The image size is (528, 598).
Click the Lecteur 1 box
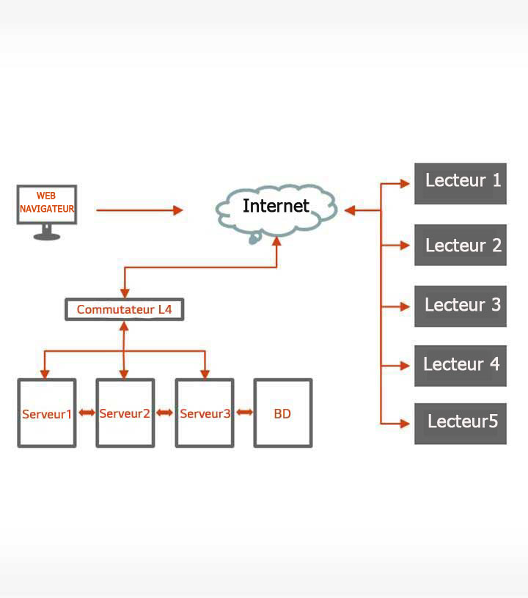click(461, 183)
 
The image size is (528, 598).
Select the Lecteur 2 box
click(461, 245)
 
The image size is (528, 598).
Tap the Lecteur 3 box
click(461, 306)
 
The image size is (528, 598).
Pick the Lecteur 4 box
click(461, 365)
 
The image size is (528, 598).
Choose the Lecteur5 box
click(461, 423)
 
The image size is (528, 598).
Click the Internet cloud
click(276, 207)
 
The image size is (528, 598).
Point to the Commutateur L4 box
click(124, 309)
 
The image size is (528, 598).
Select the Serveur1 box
click(47, 413)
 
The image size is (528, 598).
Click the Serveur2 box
click(125, 413)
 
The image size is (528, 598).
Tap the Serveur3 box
click(205, 413)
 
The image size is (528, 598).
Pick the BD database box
click(282, 413)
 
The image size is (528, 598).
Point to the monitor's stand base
click(47, 236)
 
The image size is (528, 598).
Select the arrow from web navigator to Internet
click(139, 210)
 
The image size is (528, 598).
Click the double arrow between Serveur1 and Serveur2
click(87, 413)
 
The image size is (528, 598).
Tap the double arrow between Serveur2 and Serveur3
click(164, 413)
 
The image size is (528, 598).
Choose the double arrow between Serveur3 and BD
click(244, 413)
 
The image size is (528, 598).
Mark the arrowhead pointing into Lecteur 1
click(405, 184)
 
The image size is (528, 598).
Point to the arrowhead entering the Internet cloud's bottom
click(276, 241)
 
